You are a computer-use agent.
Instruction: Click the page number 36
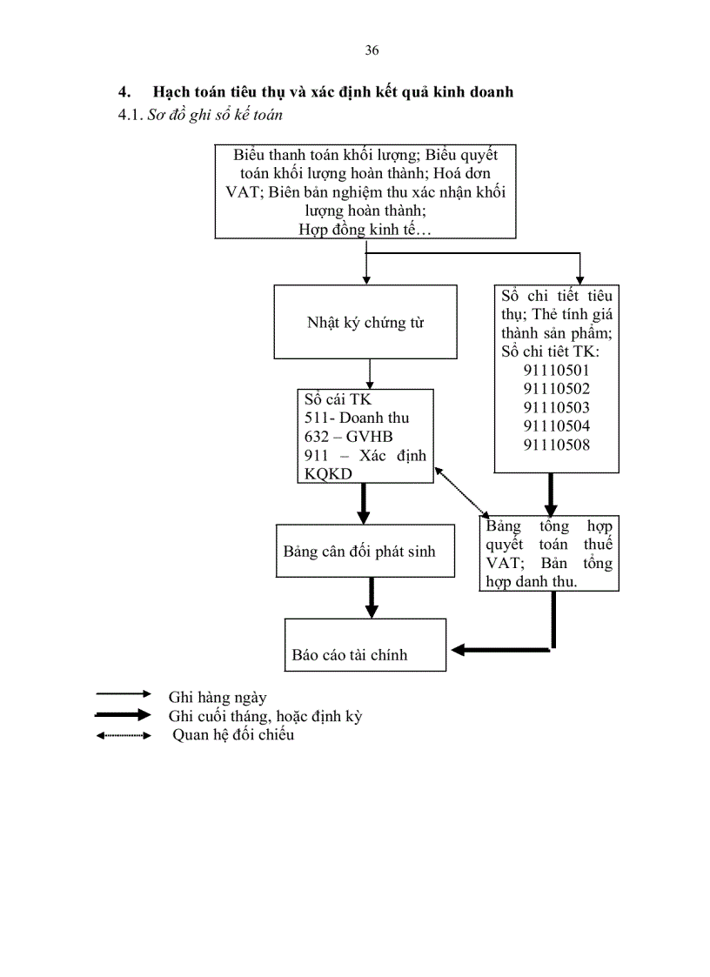372,50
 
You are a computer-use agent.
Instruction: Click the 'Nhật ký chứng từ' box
365,322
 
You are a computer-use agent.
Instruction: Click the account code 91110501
557,370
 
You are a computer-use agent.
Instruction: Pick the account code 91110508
557,445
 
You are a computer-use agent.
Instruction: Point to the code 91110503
557,407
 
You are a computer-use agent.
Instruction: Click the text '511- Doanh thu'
357,418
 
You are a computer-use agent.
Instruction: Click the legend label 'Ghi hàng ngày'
218,697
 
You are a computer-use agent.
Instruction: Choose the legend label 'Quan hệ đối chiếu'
232,735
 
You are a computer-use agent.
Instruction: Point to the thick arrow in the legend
124,715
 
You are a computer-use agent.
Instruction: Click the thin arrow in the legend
124,694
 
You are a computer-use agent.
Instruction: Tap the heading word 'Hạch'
171,91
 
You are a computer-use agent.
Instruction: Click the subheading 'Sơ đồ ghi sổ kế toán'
215,114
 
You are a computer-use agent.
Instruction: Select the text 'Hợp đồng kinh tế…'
365,229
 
